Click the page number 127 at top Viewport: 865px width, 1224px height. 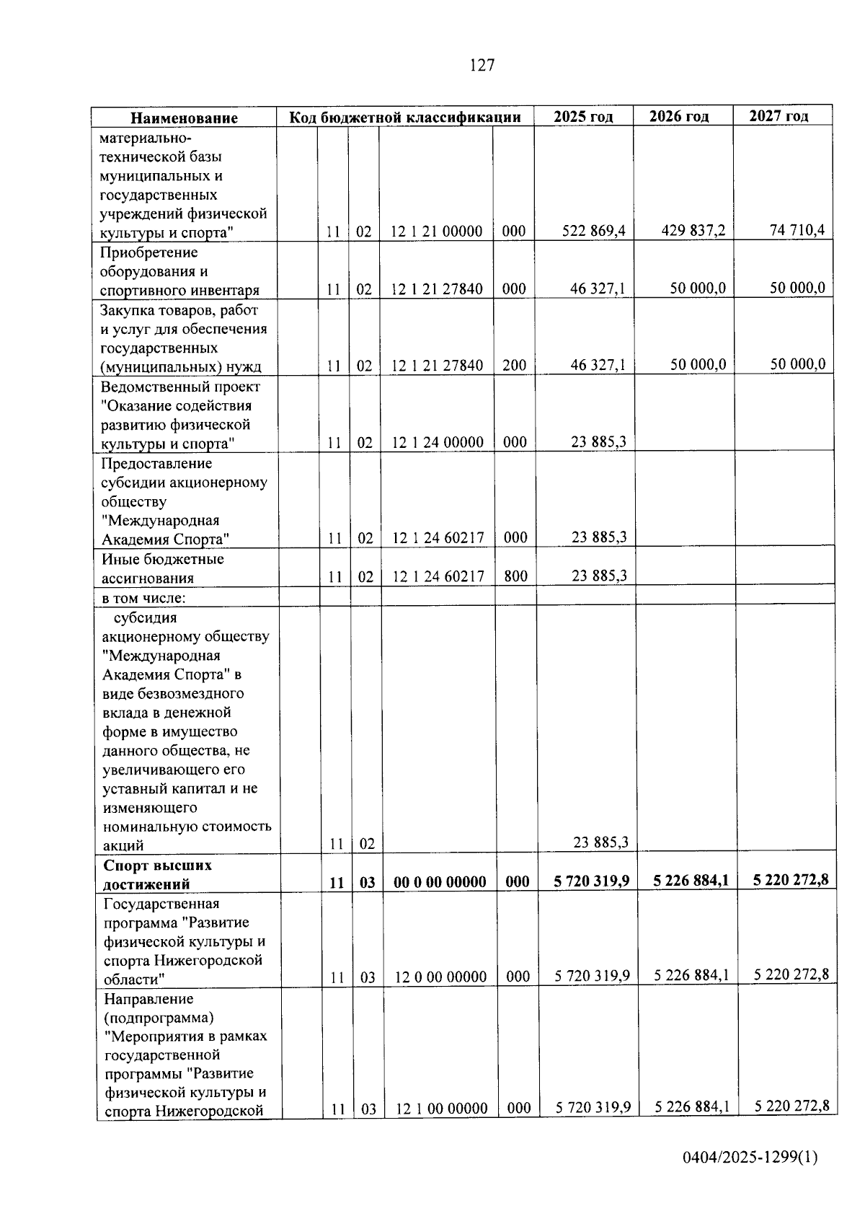coord(482,66)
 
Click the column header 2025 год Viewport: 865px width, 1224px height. coord(583,116)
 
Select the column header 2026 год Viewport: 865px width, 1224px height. coord(678,116)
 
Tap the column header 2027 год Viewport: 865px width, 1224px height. coord(778,115)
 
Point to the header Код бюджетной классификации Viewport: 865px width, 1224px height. coord(405,117)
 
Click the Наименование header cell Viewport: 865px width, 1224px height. coord(184,118)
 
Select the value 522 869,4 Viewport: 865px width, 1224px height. coord(593,231)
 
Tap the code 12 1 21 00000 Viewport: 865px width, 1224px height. coord(436,232)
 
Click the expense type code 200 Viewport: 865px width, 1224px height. coord(514,365)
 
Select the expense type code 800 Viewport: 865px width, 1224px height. coord(515,576)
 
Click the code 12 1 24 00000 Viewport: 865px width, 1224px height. coord(437,442)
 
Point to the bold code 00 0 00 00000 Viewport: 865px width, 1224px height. coord(440,882)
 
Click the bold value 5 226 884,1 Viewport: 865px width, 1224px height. coord(691,880)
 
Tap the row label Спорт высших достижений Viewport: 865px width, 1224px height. coord(157,874)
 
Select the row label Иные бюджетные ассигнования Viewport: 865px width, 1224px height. coord(162,568)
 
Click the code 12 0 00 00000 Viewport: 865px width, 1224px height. coord(440,977)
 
